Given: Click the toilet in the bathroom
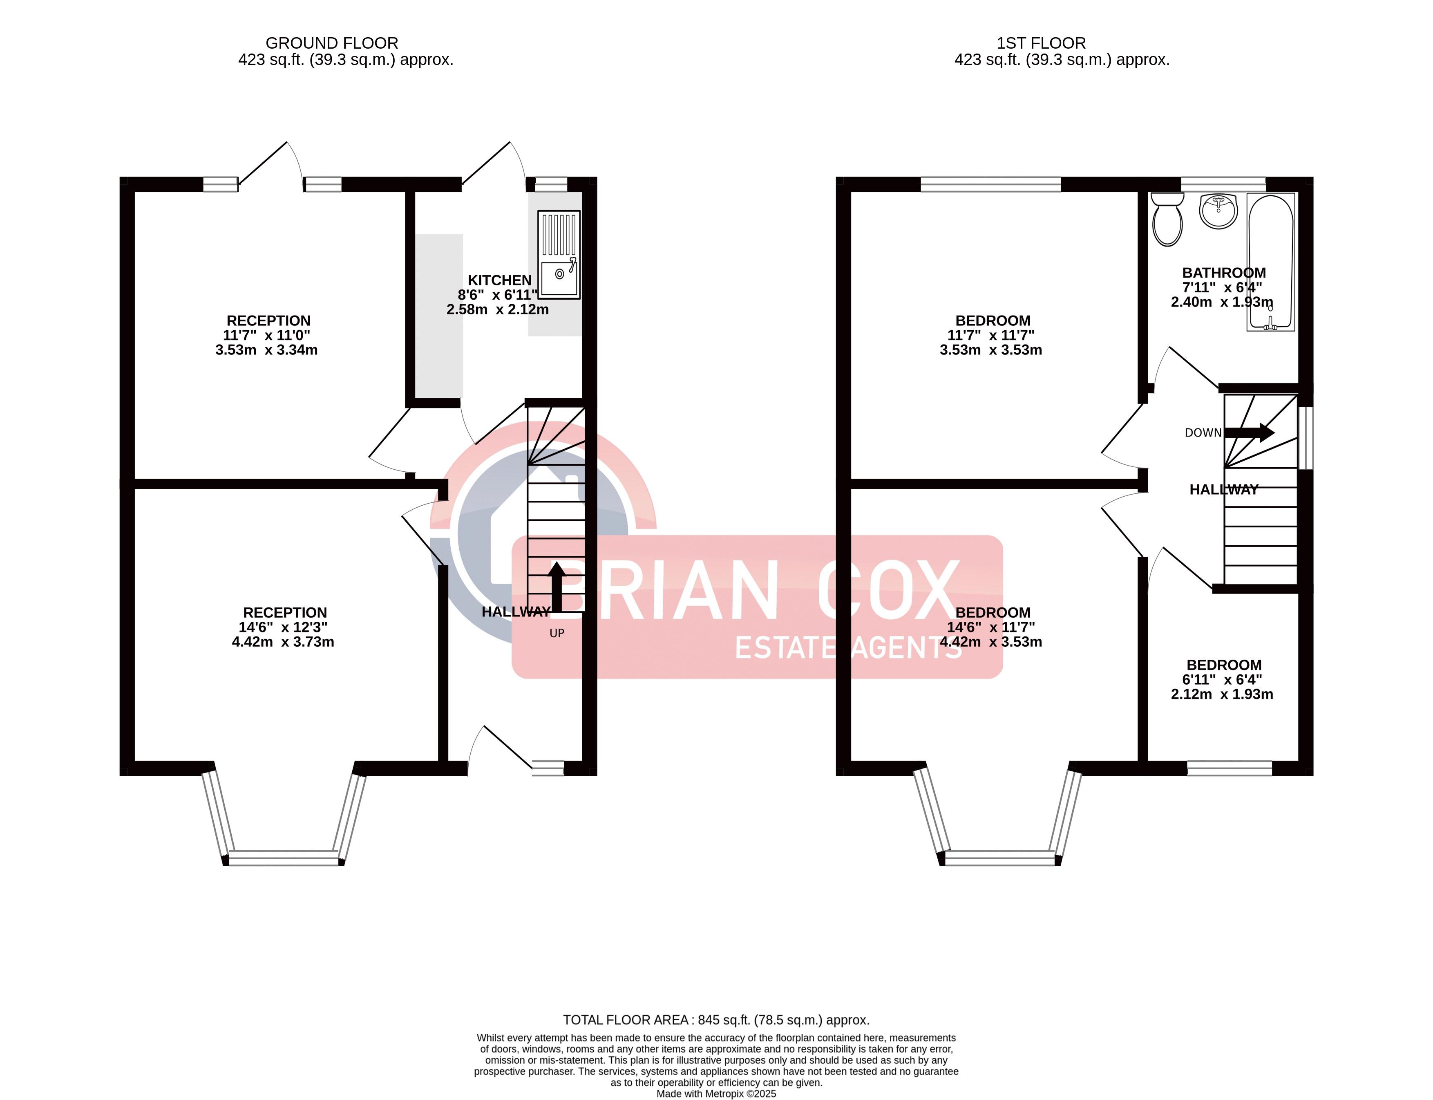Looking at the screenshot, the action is point(1167,220).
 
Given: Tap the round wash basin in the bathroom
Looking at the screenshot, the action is point(1218,211).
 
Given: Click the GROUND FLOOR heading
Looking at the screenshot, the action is point(332,43).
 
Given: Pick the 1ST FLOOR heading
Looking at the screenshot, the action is point(1041,43).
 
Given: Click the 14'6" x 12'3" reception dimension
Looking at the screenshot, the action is point(283,627).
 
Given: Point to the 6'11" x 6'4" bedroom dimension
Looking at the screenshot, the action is point(1222,680).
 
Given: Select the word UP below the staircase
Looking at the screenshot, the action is point(557,633).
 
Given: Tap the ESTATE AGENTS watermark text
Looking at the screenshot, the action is point(848,648).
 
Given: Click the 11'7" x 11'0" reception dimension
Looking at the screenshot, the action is point(266,335).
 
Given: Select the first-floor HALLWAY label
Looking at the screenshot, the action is point(1224,490).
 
